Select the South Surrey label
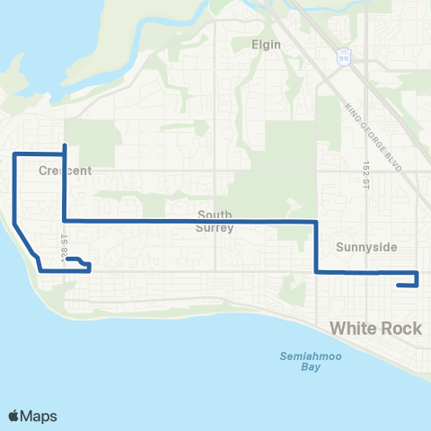tap(215, 221)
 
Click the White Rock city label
tap(375, 329)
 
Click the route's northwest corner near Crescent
tap(14, 154)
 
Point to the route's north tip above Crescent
tap(64, 145)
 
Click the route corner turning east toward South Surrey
tap(64, 220)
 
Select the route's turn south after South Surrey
tap(316, 221)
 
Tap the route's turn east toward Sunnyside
tap(316, 271)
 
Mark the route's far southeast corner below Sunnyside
tap(418, 286)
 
